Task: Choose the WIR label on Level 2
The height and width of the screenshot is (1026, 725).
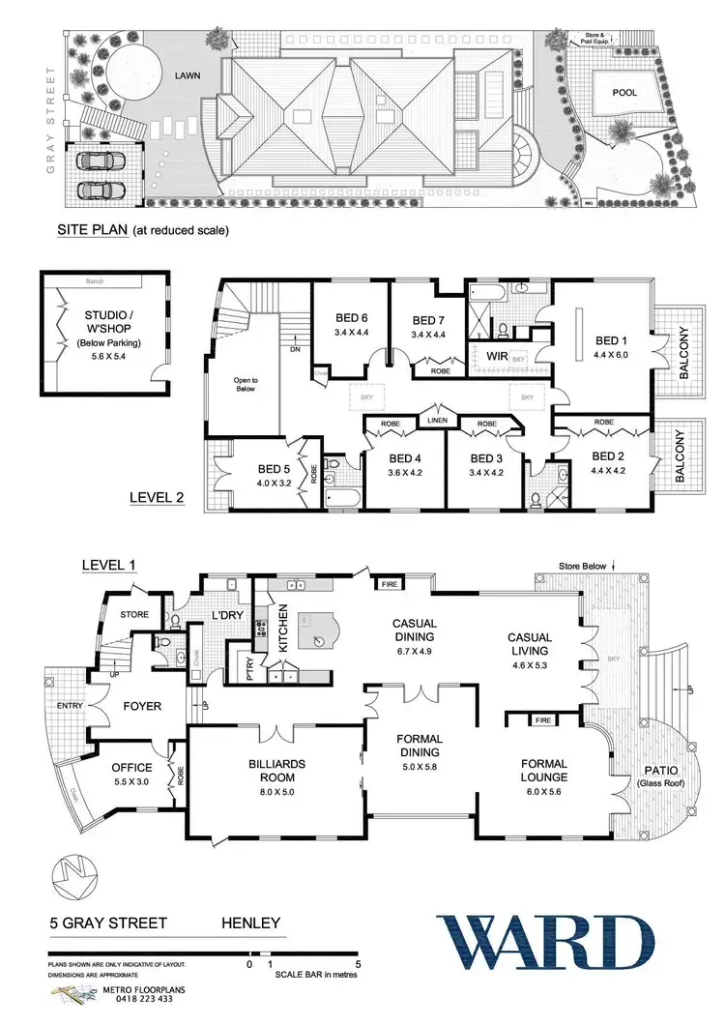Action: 498,357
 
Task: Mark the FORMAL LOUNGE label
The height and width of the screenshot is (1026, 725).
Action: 542,770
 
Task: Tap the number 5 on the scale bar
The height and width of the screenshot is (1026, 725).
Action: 359,963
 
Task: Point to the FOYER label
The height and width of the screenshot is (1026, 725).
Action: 142,706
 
